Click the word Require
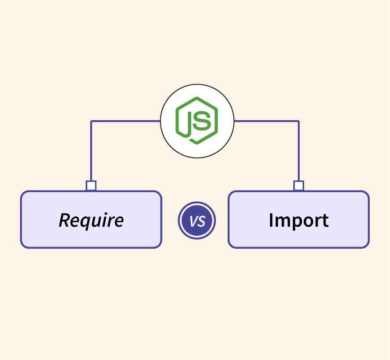click(x=91, y=220)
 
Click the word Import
click(x=298, y=220)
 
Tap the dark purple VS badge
click(x=197, y=221)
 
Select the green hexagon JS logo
click(x=197, y=121)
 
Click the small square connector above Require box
click(x=91, y=185)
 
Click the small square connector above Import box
click(x=298, y=185)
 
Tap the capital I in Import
click(x=271, y=220)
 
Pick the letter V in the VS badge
click(x=193, y=221)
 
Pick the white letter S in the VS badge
click(x=201, y=221)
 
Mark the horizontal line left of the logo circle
click(x=126, y=121)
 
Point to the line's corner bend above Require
click(x=91, y=121)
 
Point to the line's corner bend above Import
click(x=299, y=121)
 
